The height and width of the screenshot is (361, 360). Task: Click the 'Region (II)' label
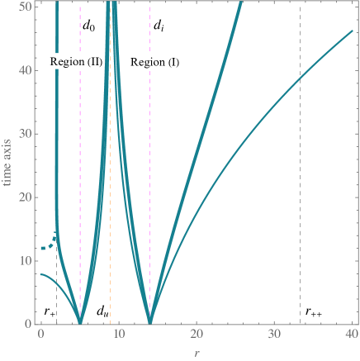click(x=75, y=62)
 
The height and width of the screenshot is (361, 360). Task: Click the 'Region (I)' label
click(x=155, y=62)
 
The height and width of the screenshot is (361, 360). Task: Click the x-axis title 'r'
click(x=195, y=354)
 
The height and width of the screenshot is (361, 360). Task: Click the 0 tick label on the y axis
click(x=29, y=324)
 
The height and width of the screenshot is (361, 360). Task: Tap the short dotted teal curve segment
click(x=50, y=245)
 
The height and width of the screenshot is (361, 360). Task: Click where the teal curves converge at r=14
click(x=149, y=321)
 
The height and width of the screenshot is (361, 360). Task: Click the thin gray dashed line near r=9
click(x=110, y=207)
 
